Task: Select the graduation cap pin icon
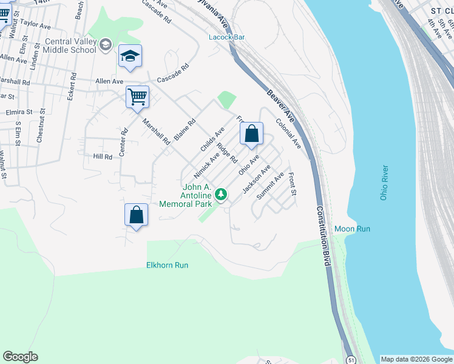(130, 57)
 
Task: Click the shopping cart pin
(137, 97)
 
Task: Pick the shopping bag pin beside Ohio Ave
(252, 134)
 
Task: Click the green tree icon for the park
(222, 194)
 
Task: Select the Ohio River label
(384, 185)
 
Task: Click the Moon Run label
(352, 229)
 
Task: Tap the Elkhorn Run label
(167, 265)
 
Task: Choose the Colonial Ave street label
(288, 133)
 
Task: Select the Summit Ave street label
(271, 186)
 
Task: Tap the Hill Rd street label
(103, 157)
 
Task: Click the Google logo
(20, 357)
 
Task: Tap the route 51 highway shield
(351, 360)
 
